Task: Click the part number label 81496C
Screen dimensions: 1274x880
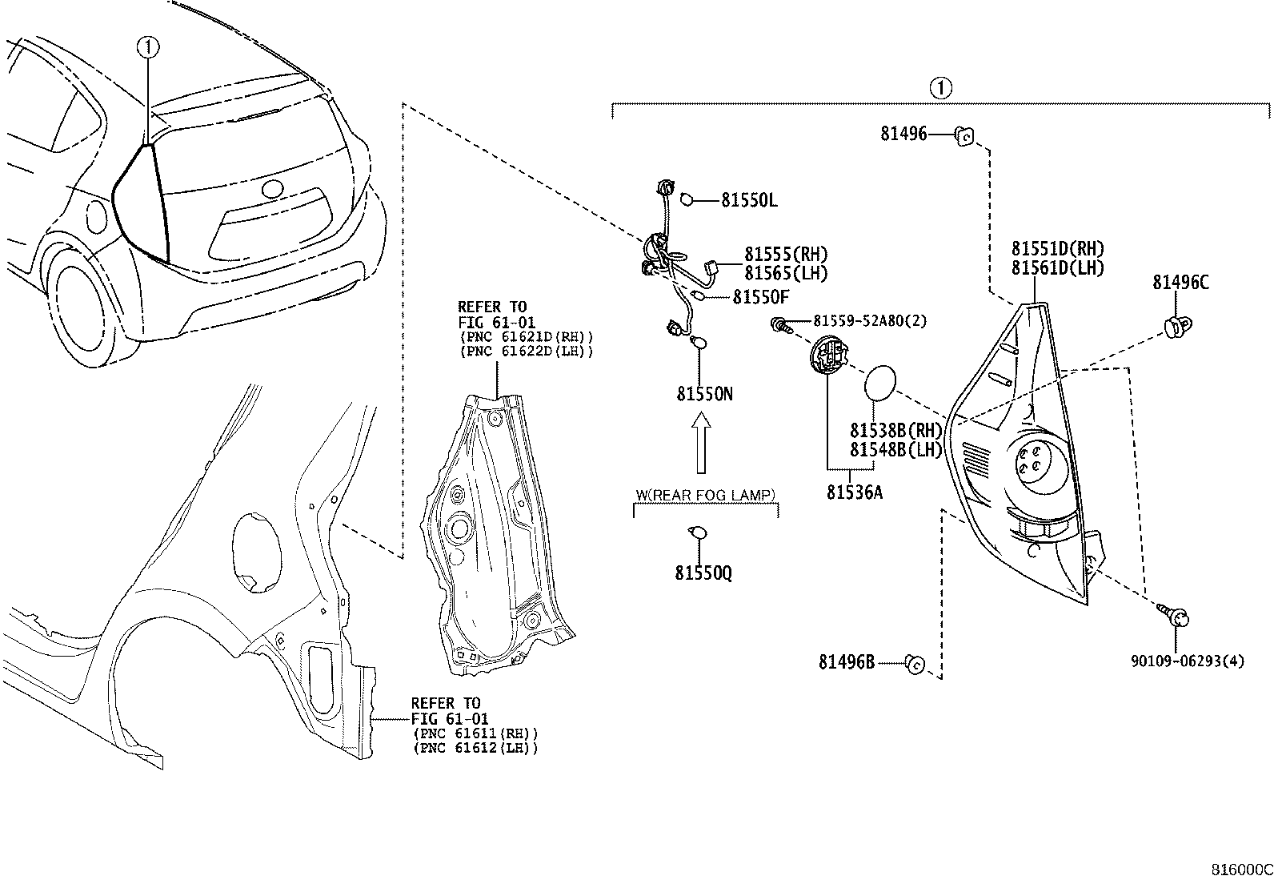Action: [1180, 283]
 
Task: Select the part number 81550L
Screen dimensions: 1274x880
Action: [749, 200]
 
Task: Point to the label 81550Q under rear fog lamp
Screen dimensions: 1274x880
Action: [703, 573]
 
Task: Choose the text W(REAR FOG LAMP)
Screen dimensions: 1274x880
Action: [705, 495]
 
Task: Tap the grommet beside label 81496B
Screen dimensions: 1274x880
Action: [915, 664]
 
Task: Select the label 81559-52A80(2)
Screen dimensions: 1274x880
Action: [870, 321]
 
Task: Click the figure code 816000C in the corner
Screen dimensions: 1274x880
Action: [1241, 870]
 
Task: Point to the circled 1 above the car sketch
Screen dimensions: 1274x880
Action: [148, 47]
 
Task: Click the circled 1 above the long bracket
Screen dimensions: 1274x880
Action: [940, 88]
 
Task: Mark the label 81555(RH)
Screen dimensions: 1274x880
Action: [786, 255]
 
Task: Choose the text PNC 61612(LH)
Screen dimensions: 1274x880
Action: [475, 748]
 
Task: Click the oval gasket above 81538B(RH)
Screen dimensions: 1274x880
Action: [879, 383]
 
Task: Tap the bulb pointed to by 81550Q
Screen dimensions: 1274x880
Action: [697, 532]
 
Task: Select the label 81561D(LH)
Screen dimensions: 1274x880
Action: [1057, 268]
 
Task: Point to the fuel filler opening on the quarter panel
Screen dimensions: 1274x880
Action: [257, 553]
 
